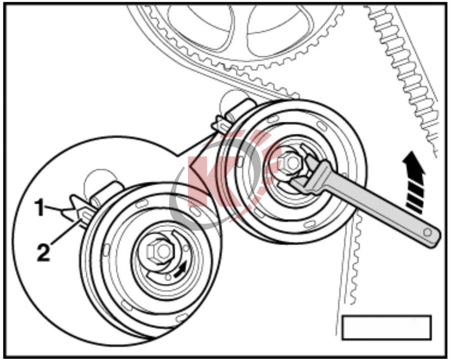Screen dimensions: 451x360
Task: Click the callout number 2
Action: coord(43,252)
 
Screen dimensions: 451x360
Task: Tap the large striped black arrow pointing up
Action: coord(414,182)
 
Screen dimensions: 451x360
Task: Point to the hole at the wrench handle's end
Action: coord(428,232)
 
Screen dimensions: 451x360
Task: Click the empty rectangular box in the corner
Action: coord(387,327)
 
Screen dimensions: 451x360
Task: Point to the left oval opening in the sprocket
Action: coord(201,26)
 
